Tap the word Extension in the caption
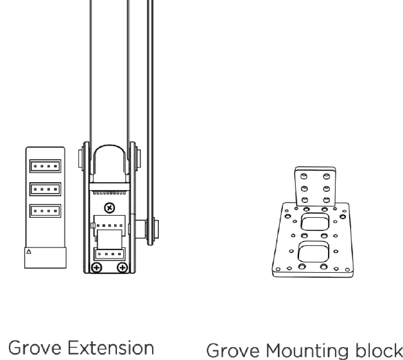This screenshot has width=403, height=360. click(111, 348)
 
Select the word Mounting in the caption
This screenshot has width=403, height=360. click(306, 351)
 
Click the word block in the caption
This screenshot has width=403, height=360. click(375, 350)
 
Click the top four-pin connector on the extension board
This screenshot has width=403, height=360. click(45, 166)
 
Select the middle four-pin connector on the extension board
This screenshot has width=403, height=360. click(45, 189)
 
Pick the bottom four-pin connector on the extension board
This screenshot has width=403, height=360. click(45, 211)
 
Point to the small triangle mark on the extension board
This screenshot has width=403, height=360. click(29, 251)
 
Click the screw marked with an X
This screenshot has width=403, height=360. click(109, 207)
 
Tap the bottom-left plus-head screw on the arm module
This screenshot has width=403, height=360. click(97, 268)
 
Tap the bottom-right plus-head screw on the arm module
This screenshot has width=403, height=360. click(122, 268)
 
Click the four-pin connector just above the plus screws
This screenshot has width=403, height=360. click(109, 254)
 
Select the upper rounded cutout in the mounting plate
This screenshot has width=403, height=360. click(315, 222)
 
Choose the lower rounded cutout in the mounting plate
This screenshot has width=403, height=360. click(314, 251)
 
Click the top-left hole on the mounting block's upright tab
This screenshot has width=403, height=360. click(304, 176)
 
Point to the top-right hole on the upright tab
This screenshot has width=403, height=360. click(327, 176)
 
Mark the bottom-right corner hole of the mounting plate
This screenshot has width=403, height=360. click(347, 269)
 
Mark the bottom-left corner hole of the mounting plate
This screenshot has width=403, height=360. click(278, 269)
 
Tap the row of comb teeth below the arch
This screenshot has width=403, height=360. click(109, 192)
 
